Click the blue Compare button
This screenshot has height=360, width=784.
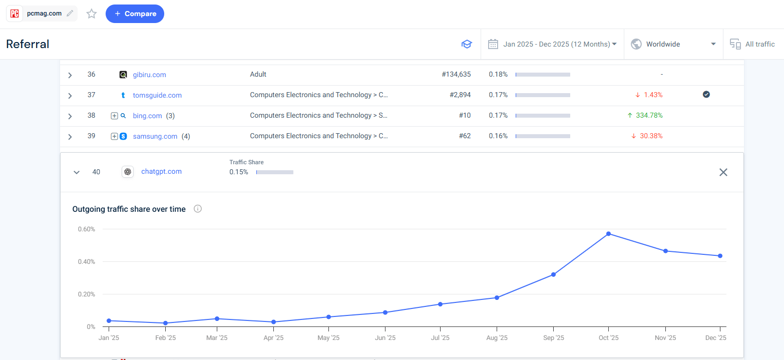coord(135,14)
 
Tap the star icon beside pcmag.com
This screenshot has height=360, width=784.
coord(92,14)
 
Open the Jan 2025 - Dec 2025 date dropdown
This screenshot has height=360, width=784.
coord(559,44)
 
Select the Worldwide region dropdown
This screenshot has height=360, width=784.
coord(673,44)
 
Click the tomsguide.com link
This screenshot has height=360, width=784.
coord(157,95)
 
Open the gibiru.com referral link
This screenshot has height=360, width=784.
coord(149,75)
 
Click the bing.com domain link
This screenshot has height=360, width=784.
coord(147,116)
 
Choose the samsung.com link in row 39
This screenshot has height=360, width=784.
coord(155,136)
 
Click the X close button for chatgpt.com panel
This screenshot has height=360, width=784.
coord(723,172)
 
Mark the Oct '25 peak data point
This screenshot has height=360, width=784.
coord(608,234)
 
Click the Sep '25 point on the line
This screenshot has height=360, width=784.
coord(553,274)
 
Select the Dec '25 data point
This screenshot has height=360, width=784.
coord(720,256)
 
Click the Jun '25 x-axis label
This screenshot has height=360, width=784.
coord(385,338)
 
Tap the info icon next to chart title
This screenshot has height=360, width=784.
coord(198,209)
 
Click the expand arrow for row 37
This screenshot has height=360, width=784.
coord(70,96)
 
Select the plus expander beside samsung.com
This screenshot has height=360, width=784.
coord(114,136)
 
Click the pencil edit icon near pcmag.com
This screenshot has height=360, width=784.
coord(70,14)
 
